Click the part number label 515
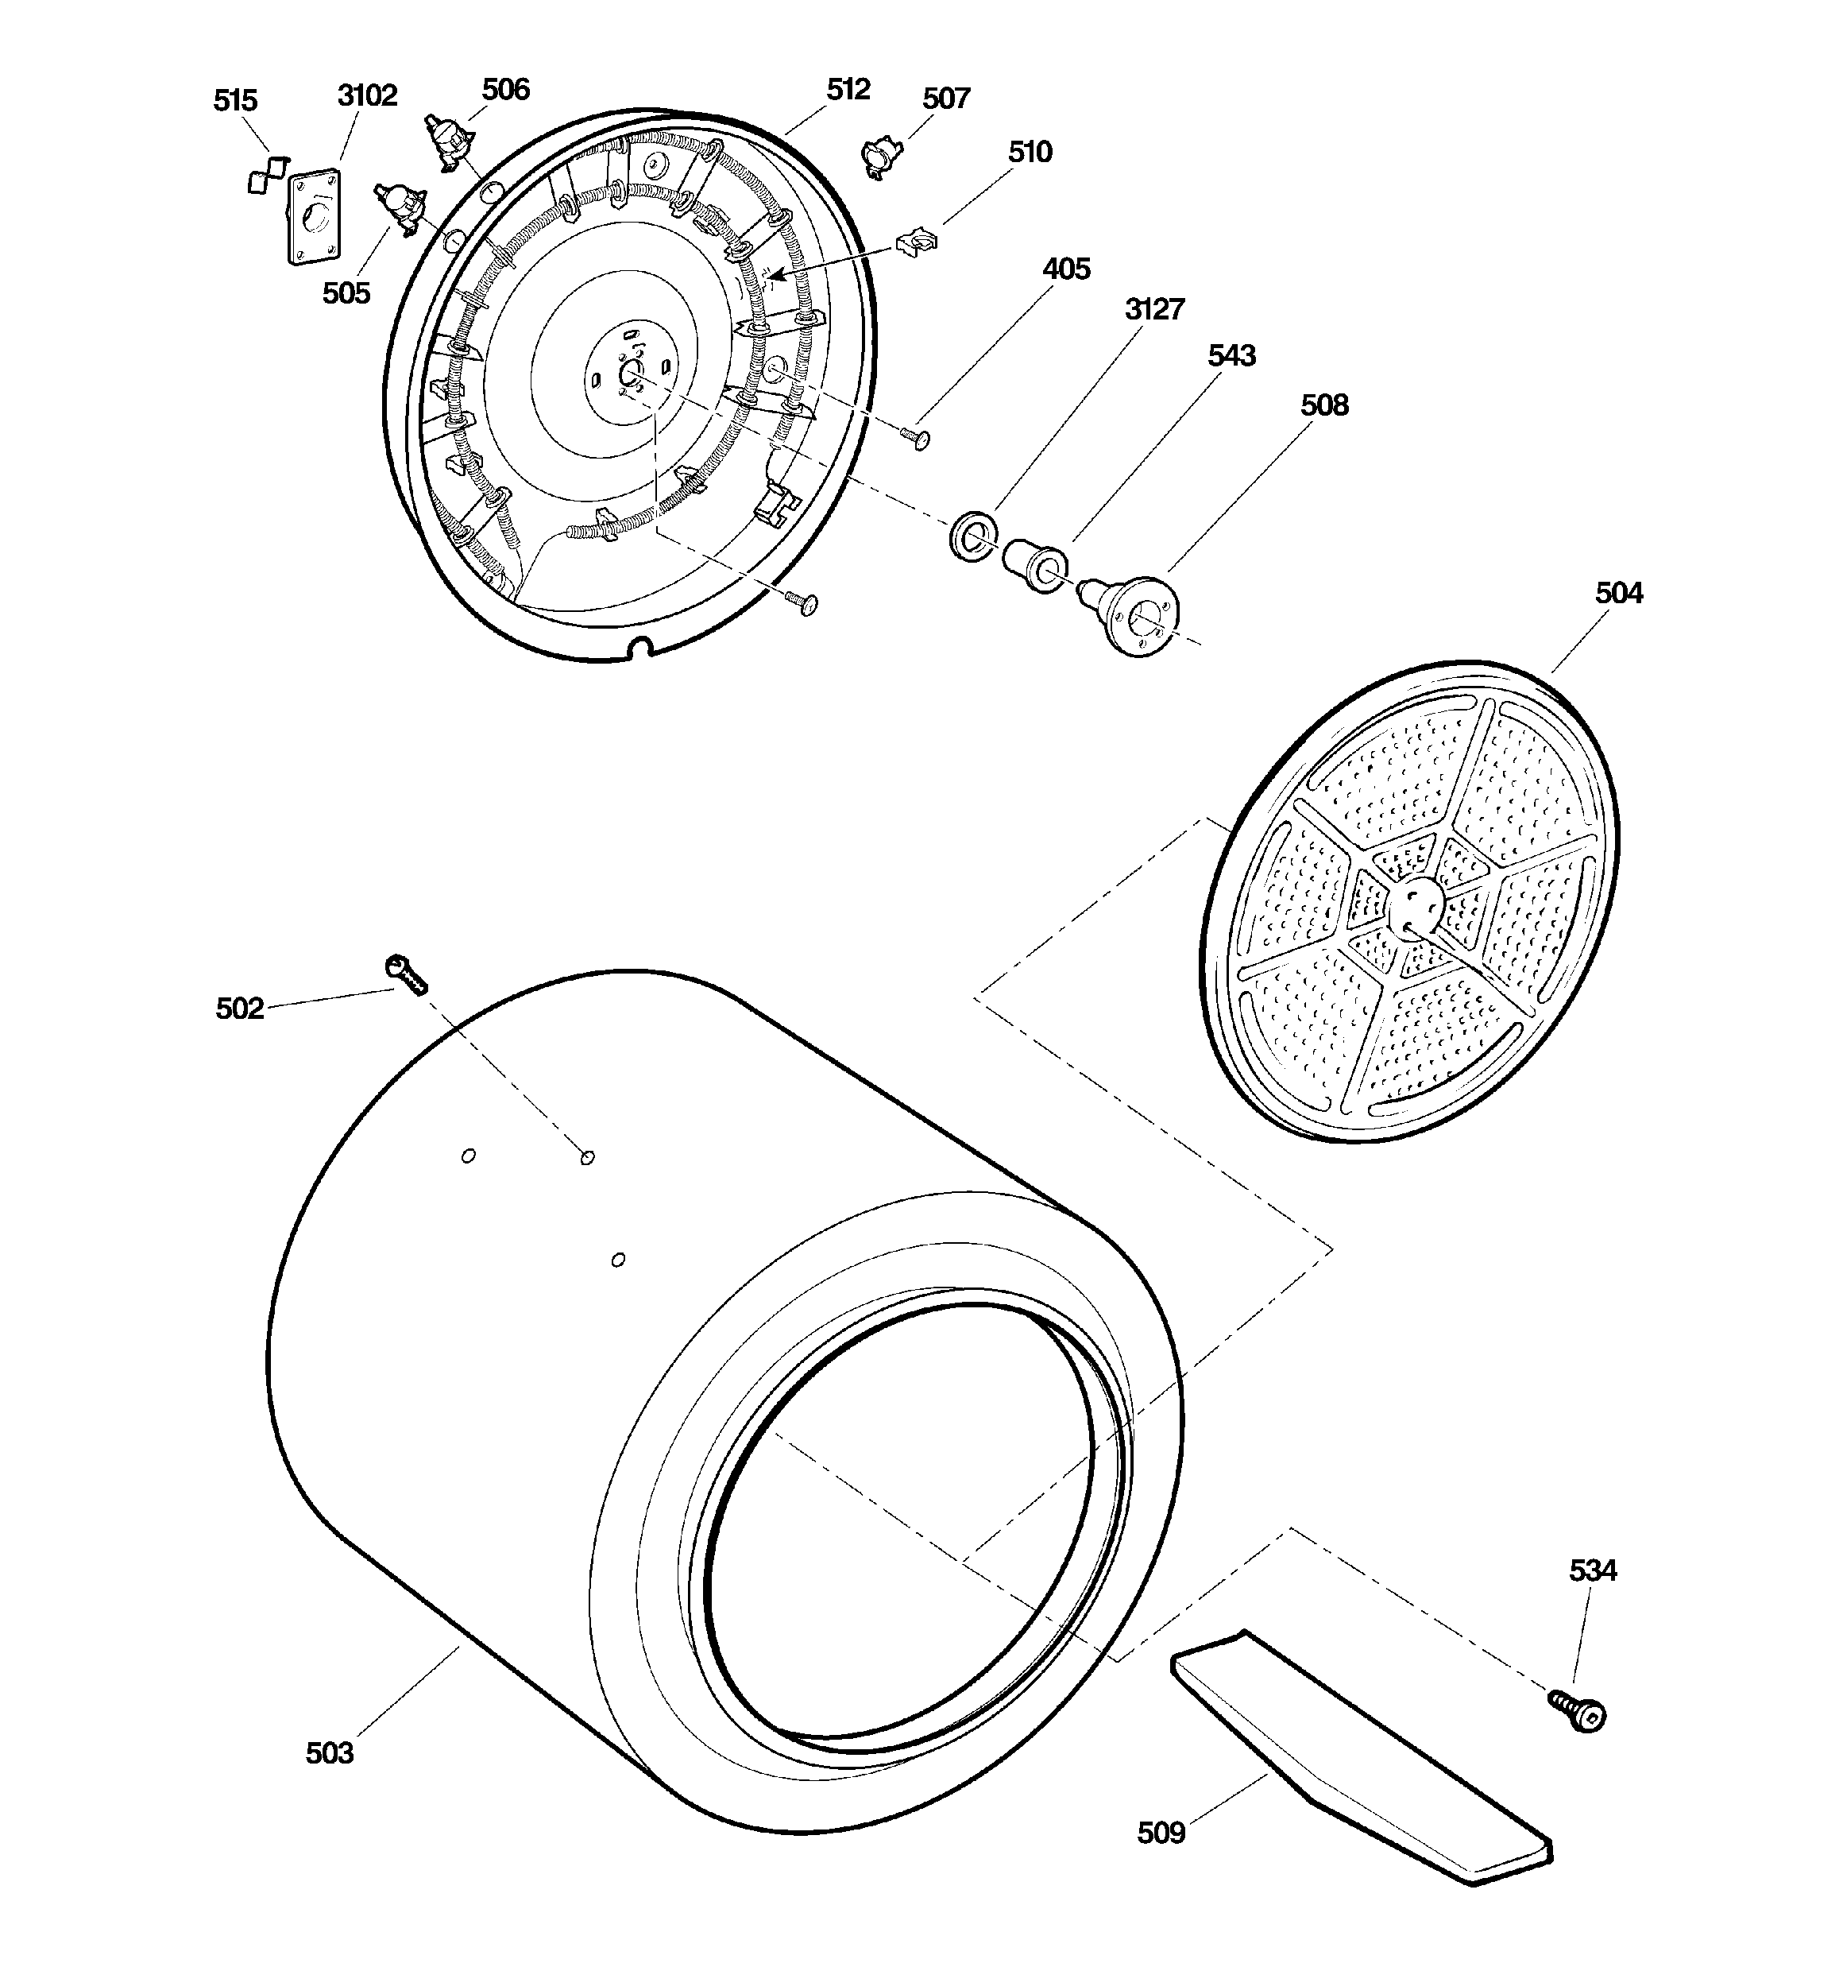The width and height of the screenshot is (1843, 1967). click(234, 100)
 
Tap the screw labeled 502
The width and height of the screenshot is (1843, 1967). click(407, 974)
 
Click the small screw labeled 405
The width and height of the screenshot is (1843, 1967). click(915, 437)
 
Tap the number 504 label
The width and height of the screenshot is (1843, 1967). click(1618, 593)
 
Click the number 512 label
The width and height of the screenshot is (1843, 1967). click(848, 89)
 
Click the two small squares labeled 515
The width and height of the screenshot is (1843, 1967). click(267, 175)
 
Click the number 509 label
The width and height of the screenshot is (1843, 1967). click(1161, 1833)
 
